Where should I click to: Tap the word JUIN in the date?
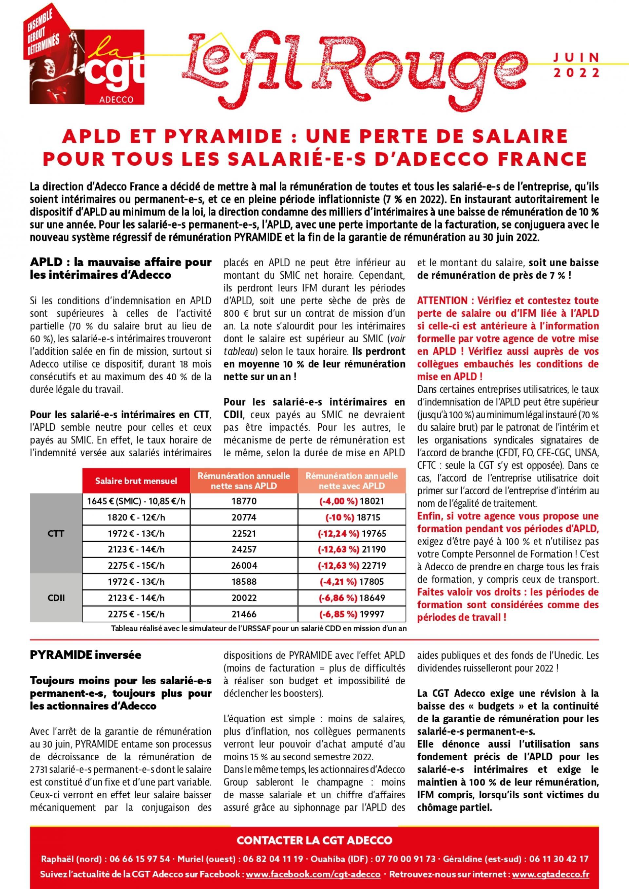click(x=577, y=57)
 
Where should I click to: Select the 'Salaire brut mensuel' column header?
click(x=136, y=481)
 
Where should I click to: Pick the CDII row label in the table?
click(x=56, y=598)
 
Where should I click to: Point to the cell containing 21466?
click(x=244, y=614)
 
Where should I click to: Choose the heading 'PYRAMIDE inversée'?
click(x=86, y=655)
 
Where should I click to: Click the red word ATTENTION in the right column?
click(x=442, y=300)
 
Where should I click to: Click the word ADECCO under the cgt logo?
click(x=116, y=100)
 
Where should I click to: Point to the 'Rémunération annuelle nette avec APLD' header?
click(x=352, y=481)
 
